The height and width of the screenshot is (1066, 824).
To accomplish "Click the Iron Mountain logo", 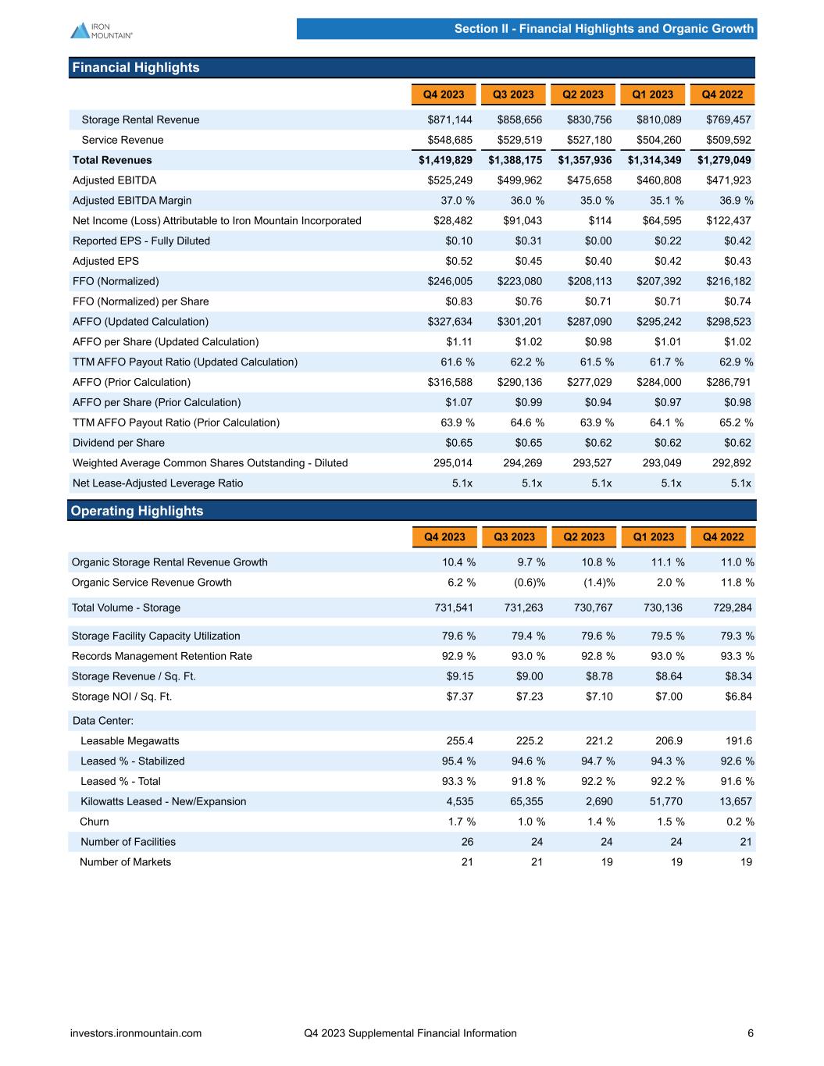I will pos(101,30).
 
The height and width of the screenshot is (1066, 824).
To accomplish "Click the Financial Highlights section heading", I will pos(136,68).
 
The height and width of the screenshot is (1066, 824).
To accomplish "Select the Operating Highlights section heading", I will pos(137,511).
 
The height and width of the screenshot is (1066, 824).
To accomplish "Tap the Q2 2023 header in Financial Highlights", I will pos(583,94).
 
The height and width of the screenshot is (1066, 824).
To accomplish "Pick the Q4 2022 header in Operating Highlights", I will pos(723,537).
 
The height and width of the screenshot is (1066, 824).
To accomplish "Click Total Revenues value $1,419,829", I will pos(445,160).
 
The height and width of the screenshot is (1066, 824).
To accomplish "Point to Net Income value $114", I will pos(600,221).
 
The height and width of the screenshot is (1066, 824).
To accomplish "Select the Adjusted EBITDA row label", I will pos(114,180).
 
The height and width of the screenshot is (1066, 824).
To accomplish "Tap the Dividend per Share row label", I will pos(119,443).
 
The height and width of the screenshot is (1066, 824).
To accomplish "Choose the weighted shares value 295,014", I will pos(453,463).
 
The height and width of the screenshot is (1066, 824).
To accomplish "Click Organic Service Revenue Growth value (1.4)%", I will pos(598,582).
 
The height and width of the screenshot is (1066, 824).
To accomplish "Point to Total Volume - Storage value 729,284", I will pos(734,608).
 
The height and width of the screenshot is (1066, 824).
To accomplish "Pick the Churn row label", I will pos(95,822).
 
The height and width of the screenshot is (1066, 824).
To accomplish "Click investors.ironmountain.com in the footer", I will pos(136,1033).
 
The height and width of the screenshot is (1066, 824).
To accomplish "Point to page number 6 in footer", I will pos(751,1033).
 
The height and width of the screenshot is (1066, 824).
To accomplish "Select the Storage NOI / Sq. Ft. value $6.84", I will pos(737,697).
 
